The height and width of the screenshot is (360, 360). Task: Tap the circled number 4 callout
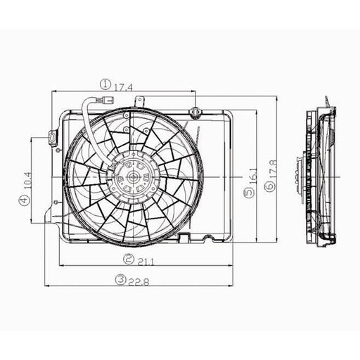25,200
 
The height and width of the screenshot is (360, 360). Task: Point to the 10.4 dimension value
25,179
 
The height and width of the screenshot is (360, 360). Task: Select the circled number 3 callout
122,280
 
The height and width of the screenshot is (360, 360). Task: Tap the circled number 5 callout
247,191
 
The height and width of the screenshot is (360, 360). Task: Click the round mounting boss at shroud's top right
195,112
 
